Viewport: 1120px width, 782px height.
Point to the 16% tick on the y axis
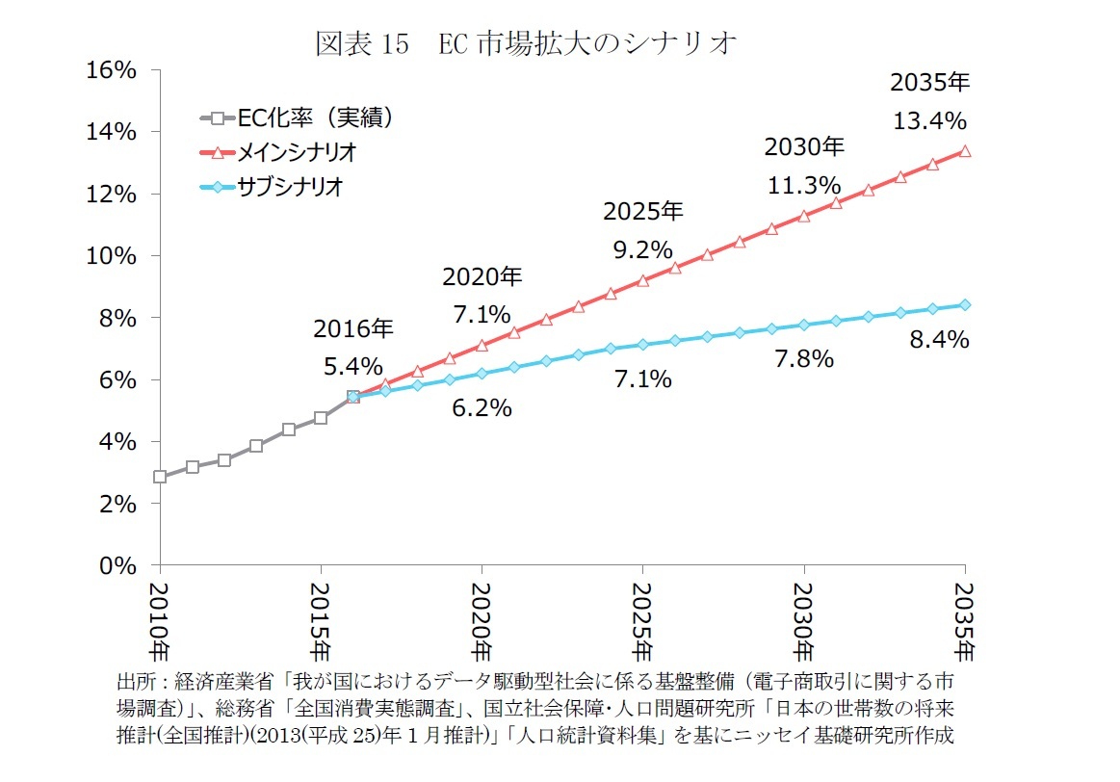(115, 70)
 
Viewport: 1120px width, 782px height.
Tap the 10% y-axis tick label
(115, 256)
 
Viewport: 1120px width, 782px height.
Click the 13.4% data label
(929, 120)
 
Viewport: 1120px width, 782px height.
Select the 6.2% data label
(482, 408)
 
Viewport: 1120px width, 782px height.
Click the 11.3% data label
(804, 185)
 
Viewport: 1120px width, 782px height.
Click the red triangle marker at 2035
(965, 151)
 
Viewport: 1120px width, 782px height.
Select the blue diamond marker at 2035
(965, 304)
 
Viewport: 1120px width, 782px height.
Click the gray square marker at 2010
(160, 477)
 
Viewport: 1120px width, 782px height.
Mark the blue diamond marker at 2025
(642, 345)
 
